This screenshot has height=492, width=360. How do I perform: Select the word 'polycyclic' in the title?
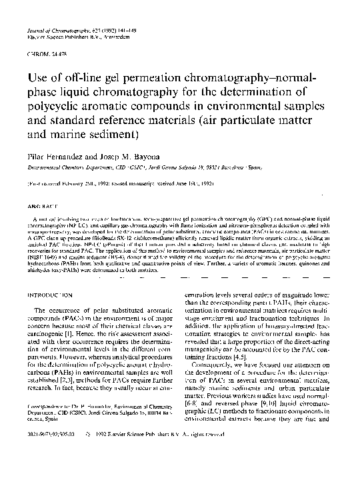pos(56,108)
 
